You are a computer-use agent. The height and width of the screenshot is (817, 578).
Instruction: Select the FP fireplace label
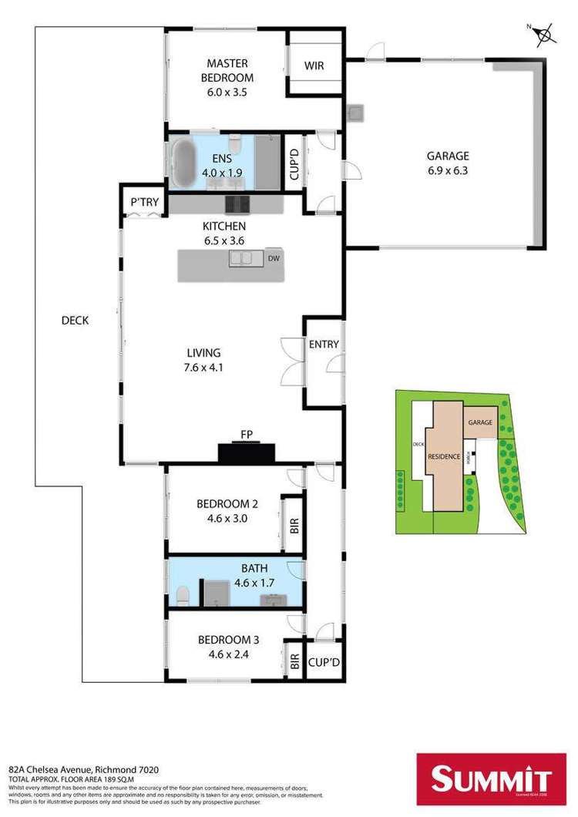coord(247,435)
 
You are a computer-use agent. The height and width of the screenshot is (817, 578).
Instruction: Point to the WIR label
coord(313,66)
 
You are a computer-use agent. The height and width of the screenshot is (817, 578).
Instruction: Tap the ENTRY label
coord(324,345)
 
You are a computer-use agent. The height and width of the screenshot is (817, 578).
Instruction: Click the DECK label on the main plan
coord(75,321)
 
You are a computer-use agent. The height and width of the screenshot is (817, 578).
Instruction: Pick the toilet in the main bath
coord(183,596)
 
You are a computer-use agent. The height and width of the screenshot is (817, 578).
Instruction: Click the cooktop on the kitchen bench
coord(237,204)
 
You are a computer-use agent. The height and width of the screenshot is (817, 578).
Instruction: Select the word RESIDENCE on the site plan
coord(444,456)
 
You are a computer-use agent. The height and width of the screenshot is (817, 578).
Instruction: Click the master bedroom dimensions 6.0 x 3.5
coord(226,92)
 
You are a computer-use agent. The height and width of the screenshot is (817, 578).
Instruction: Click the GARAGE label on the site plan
coord(479,423)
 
